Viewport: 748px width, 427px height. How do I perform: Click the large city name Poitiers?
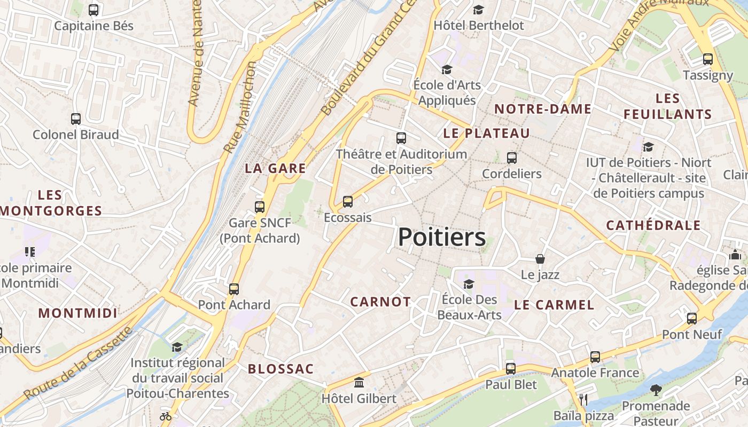442,238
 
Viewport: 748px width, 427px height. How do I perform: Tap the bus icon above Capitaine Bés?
93,10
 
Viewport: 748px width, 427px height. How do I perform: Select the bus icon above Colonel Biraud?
76,119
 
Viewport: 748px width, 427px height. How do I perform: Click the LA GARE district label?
275,169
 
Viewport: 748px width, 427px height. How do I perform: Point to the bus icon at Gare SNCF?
260,207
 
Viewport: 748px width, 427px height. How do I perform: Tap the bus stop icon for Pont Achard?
234,289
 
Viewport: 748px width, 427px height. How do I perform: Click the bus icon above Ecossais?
348,202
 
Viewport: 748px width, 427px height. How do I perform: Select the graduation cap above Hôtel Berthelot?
478,10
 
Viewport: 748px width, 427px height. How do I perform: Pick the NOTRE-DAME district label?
542,109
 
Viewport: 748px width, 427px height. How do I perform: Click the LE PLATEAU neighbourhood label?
486,133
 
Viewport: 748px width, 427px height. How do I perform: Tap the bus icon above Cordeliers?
512,158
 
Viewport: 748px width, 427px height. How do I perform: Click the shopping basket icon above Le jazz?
540,259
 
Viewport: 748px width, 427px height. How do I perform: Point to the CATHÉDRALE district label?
653,226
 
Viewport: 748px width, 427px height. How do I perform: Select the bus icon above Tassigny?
708,59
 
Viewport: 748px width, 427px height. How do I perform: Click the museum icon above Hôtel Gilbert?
359,383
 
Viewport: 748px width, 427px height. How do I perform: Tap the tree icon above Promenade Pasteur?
656,390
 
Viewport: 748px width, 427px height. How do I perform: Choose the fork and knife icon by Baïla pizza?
583,399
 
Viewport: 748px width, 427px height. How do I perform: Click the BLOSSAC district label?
280,369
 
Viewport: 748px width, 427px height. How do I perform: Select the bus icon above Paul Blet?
511,369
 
